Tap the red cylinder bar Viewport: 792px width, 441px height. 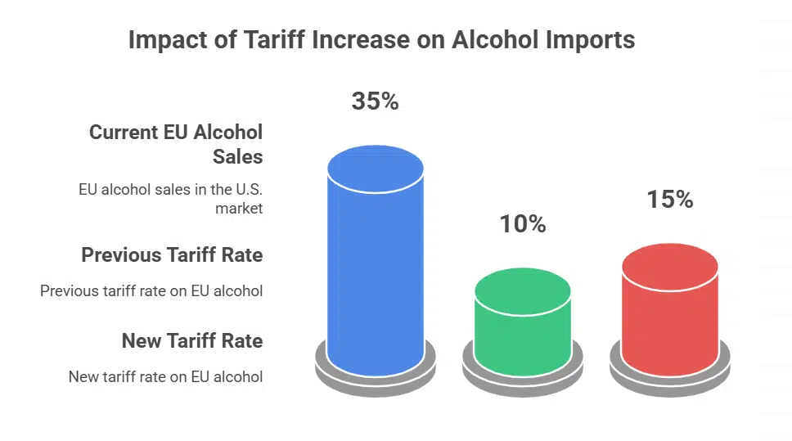pyautogui.click(x=670, y=319)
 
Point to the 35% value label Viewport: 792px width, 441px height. pyautogui.click(x=375, y=101)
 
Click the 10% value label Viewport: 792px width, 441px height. pyautogui.click(x=523, y=223)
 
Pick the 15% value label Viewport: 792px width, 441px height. pyautogui.click(x=669, y=199)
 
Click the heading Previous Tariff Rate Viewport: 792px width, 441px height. pyautogui.click(x=172, y=255)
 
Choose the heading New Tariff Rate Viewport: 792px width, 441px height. pyautogui.click(x=192, y=340)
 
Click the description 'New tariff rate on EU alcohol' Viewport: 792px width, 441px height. pyautogui.click(x=165, y=377)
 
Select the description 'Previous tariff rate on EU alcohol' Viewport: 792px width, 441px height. pyautogui.click(x=151, y=290)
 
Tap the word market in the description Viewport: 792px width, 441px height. pyautogui.click(x=239, y=209)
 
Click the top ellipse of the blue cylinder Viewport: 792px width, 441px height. pyautogui.click(x=376, y=169)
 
